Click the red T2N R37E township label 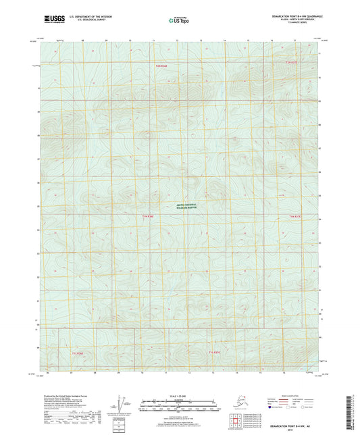[291, 63]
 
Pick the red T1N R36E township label [149, 216]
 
